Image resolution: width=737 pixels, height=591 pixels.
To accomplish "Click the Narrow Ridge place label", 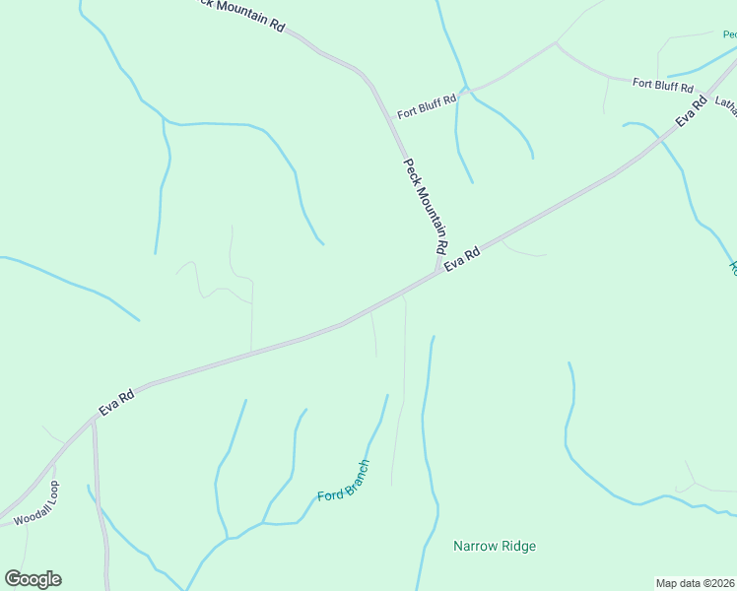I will pyautogui.click(x=495, y=546).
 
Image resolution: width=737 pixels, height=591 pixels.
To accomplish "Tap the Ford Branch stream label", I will pyautogui.click(x=344, y=481).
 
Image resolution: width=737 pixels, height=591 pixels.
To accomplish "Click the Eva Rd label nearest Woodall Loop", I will pyautogui.click(x=116, y=402).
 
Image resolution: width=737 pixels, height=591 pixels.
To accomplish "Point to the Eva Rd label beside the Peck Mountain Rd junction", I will pyautogui.click(x=462, y=259).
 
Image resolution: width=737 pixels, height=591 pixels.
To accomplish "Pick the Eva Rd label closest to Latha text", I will pyautogui.click(x=692, y=111).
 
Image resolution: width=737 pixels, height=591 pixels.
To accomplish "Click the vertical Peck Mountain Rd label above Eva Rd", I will pyautogui.click(x=427, y=204).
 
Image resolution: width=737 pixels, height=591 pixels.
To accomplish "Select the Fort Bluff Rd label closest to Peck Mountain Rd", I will pyautogui.click(x=427, y=106).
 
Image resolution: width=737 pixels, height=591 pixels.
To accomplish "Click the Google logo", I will pyautogui.click(x=33, y=579).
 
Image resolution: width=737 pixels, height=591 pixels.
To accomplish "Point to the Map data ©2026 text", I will pyautogui.click(x=695, y=582).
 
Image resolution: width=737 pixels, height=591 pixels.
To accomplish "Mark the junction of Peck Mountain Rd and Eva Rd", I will pyautogui.click(x=436, y=274).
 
